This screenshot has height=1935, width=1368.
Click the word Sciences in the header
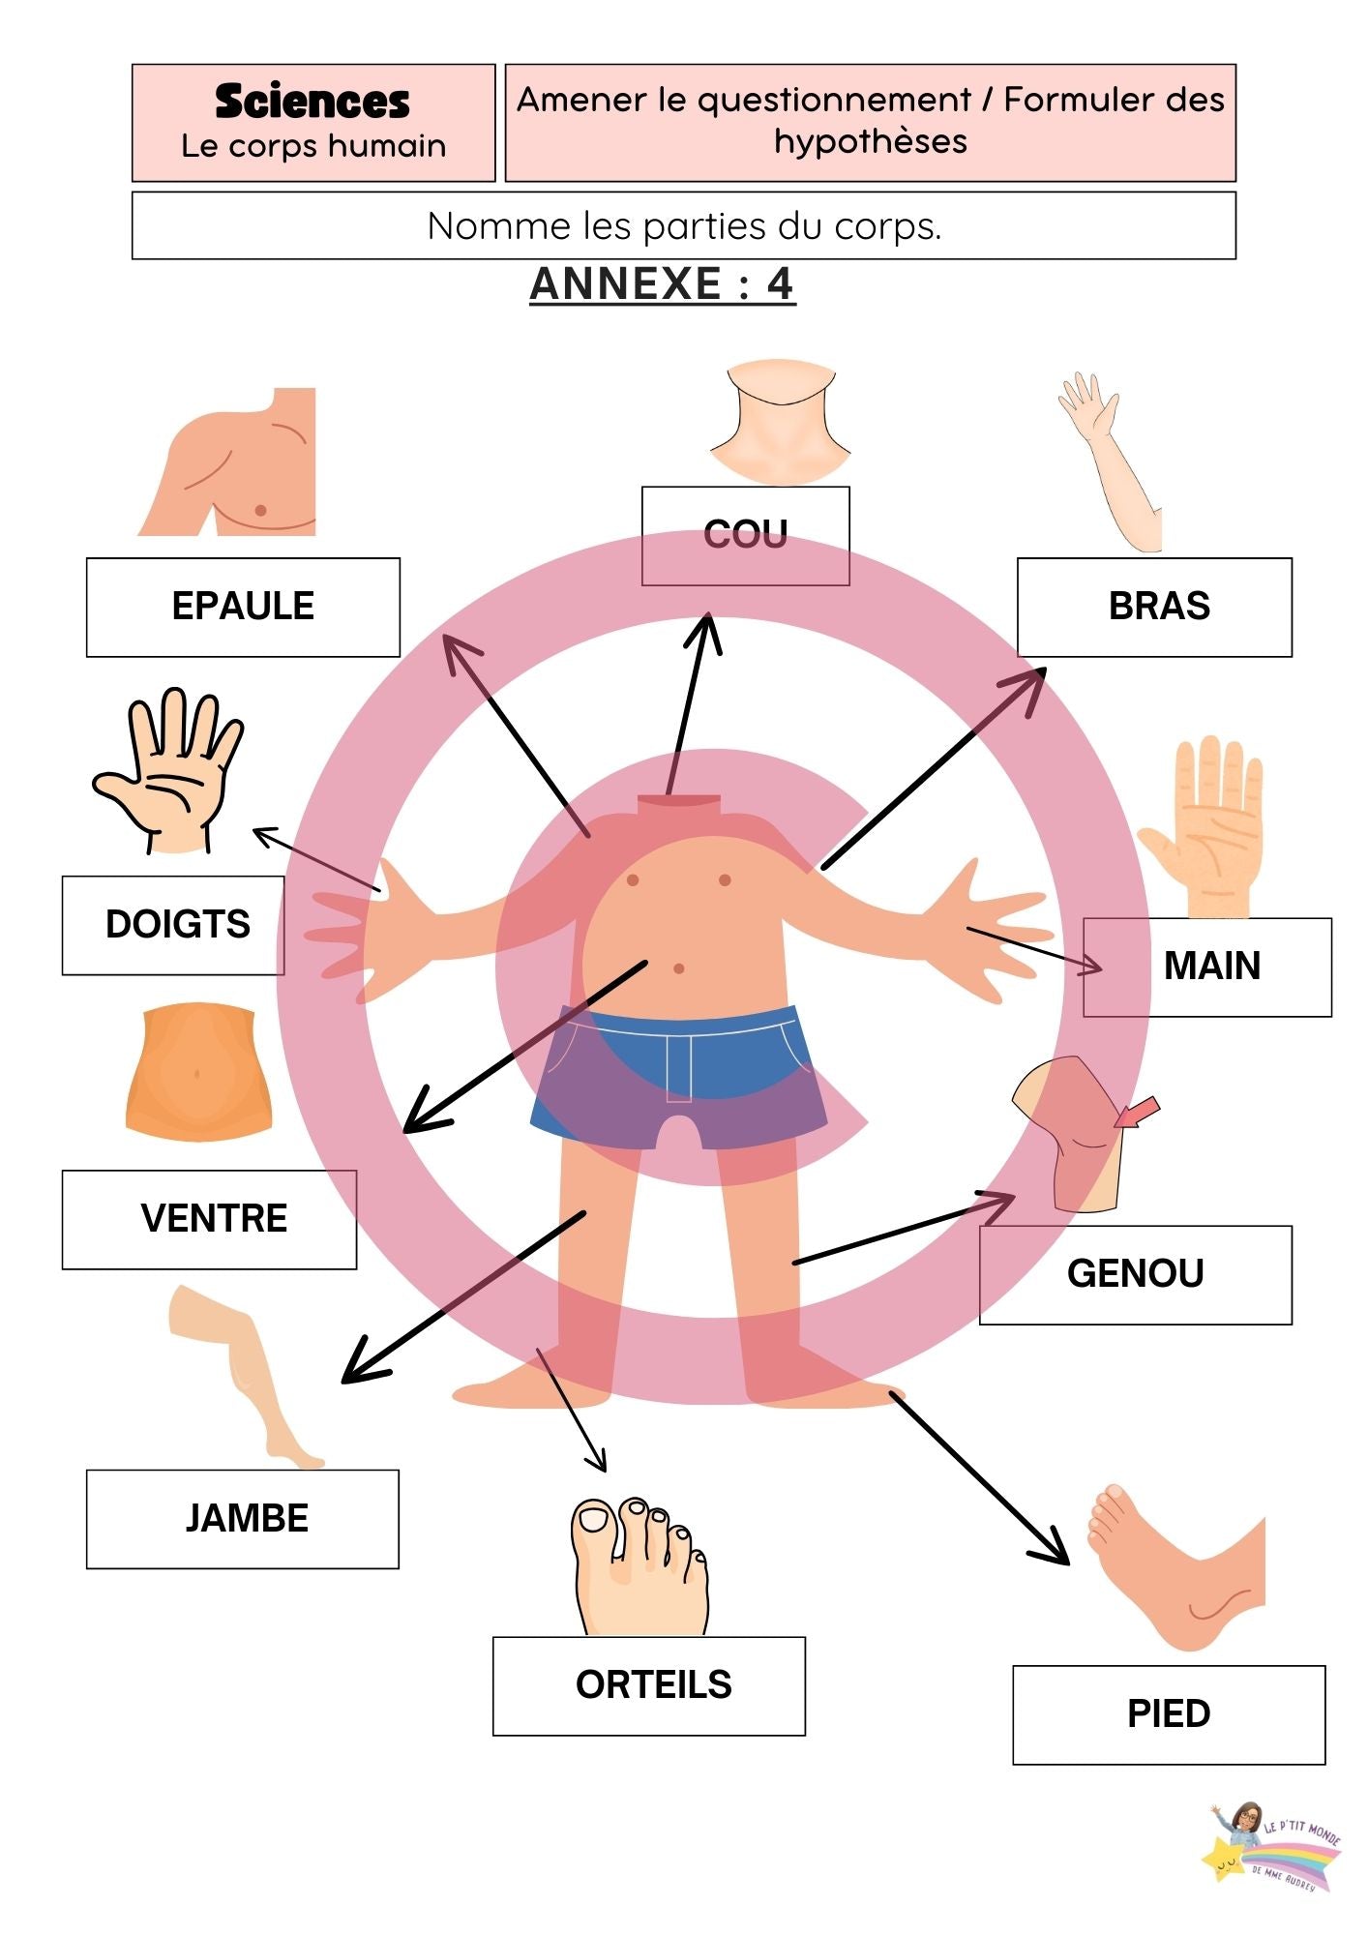312,102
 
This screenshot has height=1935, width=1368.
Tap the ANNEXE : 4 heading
663,284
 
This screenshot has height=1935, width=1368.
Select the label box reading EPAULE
243,607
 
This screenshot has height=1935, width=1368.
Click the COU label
745,535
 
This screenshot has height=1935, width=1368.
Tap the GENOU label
1135,1274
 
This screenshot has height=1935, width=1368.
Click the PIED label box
1168,1714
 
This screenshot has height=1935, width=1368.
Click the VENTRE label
213,1219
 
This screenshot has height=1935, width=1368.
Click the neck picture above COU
780,423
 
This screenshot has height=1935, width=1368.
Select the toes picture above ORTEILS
639,1566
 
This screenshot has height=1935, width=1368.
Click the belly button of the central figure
678,968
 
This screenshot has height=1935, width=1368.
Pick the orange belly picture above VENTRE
198,1071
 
